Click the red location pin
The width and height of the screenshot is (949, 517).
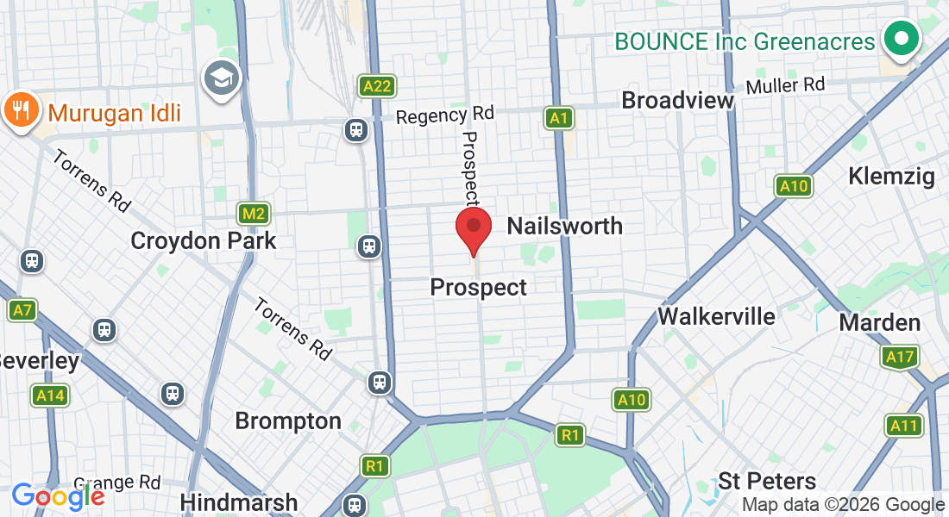point(473,227)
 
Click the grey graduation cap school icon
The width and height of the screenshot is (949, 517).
point(222,79)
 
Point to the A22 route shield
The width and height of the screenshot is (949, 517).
point(378,85)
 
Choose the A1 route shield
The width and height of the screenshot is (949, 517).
point(559,118)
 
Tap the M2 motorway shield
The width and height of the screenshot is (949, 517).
point(254,214)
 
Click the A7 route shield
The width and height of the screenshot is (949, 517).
point(22,310)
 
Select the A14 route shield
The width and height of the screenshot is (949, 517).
point(49,396)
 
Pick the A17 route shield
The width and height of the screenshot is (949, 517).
point(901,357)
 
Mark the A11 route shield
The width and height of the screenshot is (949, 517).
point(903,425)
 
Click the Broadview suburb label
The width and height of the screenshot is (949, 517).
point(677,100)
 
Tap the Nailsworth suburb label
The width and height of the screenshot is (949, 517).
point(564,226)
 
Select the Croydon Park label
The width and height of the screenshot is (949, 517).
point(203,240)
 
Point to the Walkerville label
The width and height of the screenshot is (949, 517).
point(716,315)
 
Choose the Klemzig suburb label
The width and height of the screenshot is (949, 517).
point(891,177)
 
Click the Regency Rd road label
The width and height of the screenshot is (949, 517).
point(445,115)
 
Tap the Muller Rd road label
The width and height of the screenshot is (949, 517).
point(785,85)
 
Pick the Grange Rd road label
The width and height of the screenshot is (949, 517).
point(117,483)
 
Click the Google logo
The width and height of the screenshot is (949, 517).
point(58,496)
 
